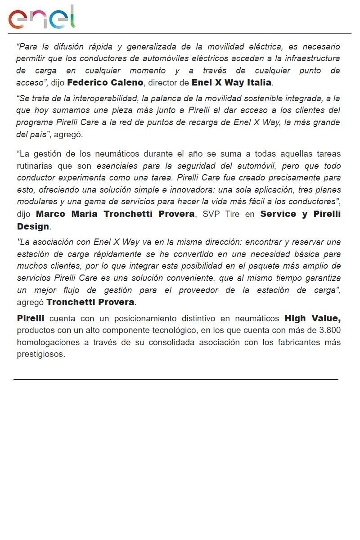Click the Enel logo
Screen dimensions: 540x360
tap(41, 18)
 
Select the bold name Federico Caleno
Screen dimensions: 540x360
tap(105, 83)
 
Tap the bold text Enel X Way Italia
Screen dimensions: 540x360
tap(231, 83)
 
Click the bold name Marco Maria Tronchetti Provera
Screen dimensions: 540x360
tap(115, 214)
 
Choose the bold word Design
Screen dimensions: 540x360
tap(33, 226)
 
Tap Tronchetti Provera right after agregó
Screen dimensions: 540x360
tap(90, 302)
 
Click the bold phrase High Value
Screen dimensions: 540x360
tap(312, 319)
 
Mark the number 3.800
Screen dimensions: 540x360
tap(329, 331)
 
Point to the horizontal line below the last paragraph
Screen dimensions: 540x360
tap(175, 379)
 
